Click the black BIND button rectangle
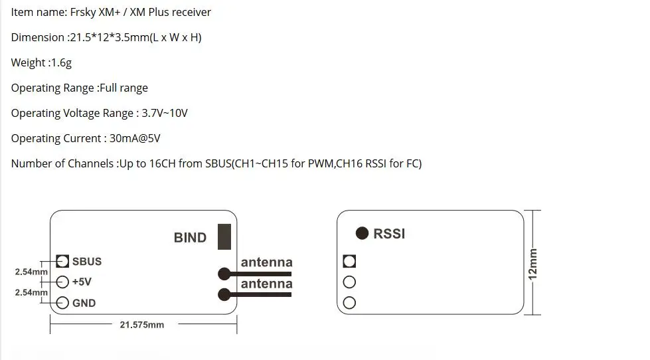click(x=224, y=237)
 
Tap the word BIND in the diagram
click(x=190, y=238)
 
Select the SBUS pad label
click(x=86, y=261)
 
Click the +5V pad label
click(x=82, y=282)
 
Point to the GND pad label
click(x=84, y=303)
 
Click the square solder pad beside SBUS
click(x=62, y=261)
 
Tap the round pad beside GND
click(x=62, y=303)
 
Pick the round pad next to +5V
click(x=62, y=282)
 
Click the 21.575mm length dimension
click(x=142, y=325)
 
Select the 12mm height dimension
click(x=532, y=264)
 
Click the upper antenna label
click(x=266, y=262)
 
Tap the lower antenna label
click(x=266, y=284)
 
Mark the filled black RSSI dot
click(x=362, y=233)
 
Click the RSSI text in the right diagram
click(x=389, y=234)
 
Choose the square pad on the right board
click(x=349, y=261)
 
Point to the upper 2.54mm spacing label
click(x=31, y=272)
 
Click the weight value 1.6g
click(x=61, y=62)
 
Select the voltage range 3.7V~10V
click(x=165, y=113)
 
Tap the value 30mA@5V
click(x=135, y=138)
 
